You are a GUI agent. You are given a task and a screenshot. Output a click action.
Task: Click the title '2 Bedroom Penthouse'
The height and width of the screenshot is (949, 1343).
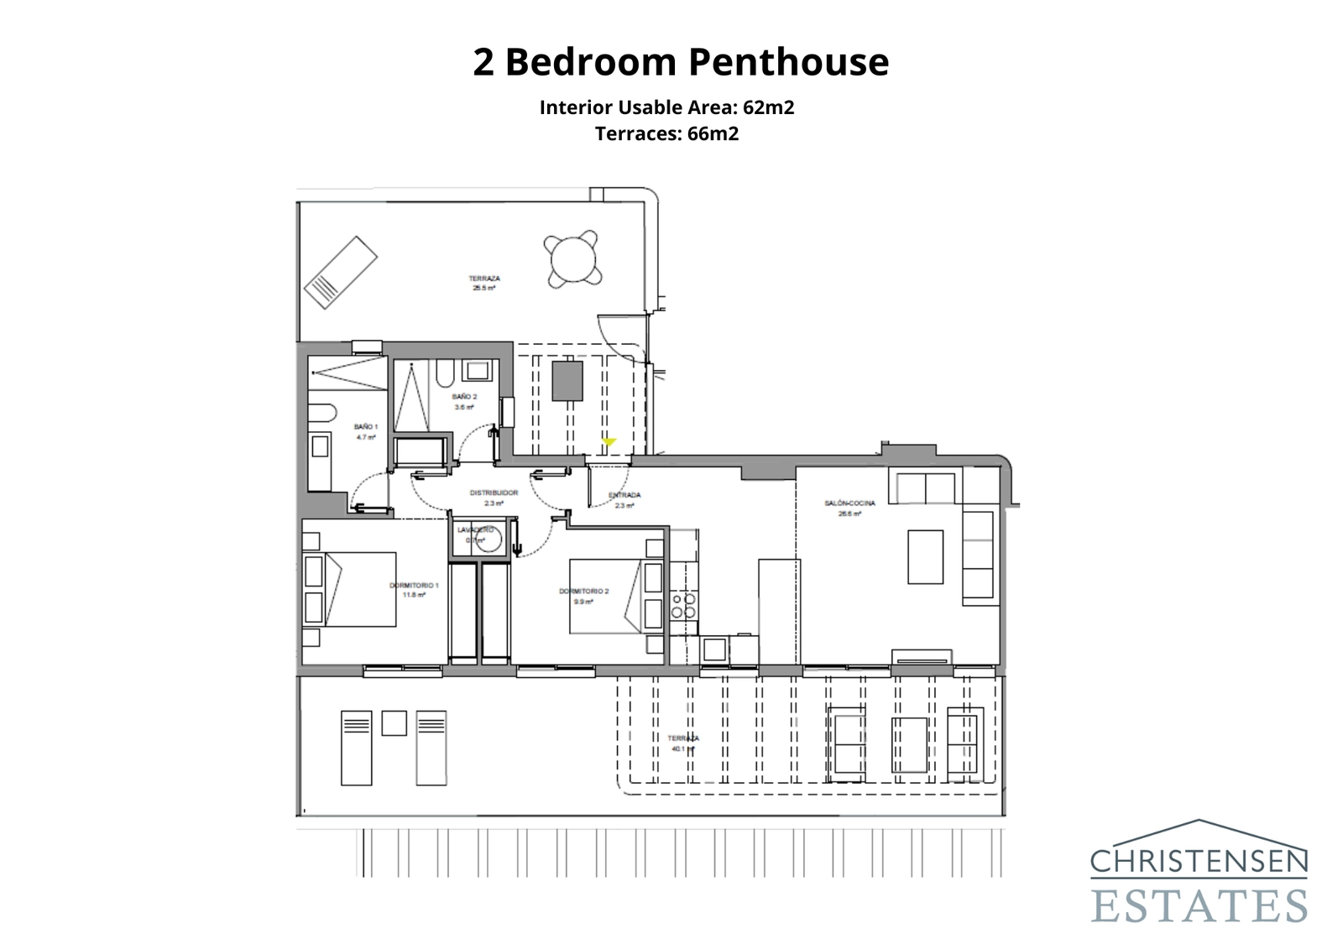(x=680, y=62)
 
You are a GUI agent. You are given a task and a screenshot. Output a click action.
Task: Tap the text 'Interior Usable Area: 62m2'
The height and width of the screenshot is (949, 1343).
(x=666, y=107)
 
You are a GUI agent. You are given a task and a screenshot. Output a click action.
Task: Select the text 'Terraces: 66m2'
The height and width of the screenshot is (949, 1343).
(x=666, y=133)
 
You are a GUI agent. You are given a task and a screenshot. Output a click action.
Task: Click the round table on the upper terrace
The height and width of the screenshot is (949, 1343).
(x=573, y=258)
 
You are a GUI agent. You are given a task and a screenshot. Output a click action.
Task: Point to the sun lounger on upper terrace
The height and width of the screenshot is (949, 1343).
(x=340, y=272)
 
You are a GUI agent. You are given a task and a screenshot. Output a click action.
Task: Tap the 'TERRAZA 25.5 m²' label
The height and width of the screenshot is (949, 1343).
(x=484, y=283)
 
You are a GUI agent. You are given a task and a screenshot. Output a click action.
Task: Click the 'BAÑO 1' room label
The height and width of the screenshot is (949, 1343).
(x=365, y=431)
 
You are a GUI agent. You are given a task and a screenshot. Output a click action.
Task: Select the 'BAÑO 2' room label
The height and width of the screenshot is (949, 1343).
(x=464, y=401)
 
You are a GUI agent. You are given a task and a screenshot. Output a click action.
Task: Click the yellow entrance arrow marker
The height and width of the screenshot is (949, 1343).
(x=609, y=441)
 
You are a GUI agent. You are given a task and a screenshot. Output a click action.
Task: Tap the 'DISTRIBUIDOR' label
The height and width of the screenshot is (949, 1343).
(x=494, y=498)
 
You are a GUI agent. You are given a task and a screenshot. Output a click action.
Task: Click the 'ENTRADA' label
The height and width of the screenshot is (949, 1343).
(x=624, y=499)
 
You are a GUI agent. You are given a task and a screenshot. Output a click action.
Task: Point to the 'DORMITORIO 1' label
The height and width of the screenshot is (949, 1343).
(x=414, y=589)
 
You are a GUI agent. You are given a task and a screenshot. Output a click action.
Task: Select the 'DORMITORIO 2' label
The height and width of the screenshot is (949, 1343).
(x=583, y=596)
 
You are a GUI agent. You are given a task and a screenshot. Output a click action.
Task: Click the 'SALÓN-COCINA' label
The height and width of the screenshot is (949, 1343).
(x=849, y=508)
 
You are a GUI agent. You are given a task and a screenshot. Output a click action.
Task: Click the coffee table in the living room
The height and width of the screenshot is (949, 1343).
(x=925, y=556)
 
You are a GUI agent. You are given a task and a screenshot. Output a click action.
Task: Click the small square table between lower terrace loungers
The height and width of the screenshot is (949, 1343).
(x=394, y=723)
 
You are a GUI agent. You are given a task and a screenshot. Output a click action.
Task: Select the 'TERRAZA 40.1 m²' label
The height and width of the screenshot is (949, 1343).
(x=683, y=743)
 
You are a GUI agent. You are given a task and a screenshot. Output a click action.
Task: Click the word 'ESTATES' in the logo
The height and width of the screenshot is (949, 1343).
(x=1199, y=905)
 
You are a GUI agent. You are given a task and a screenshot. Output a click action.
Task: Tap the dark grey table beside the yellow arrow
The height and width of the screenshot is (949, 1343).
(x=567, y=380)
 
